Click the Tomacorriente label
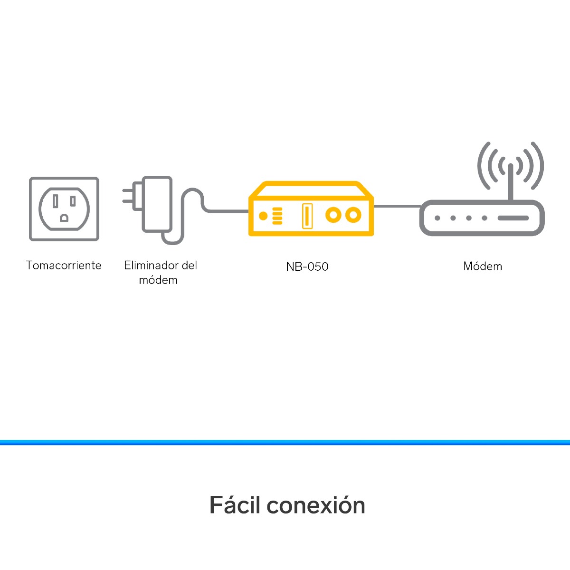point(64,266)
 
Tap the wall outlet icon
point(64,209)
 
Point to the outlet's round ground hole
point(64,218)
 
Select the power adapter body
point(157,204)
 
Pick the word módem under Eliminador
point(158,280)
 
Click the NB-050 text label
point(307,266)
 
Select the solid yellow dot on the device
point(263,216)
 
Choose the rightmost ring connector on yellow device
point(353,215)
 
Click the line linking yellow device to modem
point(397,207)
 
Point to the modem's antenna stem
point(511,183)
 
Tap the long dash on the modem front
point(513,218)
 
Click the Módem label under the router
point(483,266)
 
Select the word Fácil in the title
point(235,505)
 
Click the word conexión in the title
point(316,505)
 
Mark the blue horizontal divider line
point(285,443)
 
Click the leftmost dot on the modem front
point(437,218)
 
